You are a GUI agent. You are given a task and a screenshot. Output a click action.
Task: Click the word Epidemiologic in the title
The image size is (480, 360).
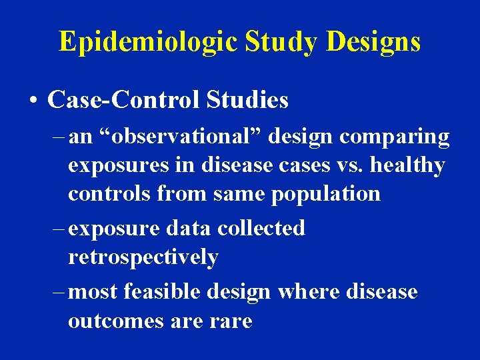pyautogui.click(x=146, y=41)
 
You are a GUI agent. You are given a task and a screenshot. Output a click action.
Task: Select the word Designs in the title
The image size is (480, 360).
pyautogui.click(x=373, y=41)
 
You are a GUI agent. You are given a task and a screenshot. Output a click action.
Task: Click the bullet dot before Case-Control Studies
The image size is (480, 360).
pyautogui.click(x=33, y=101)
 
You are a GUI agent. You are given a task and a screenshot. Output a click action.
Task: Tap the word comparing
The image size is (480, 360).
pyautogui.click(x=395, y=137)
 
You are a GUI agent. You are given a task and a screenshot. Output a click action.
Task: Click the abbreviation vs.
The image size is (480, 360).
pyautogui.click(x=347, y=165)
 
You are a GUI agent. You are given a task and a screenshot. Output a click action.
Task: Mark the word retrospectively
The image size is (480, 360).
pyautogui.click(x=143, y=257)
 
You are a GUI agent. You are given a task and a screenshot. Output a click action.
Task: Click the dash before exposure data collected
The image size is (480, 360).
pyautogui.click(x=58, y=229)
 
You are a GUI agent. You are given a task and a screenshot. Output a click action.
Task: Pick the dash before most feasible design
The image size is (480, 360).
pyautogui.click(x=58, y=292)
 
